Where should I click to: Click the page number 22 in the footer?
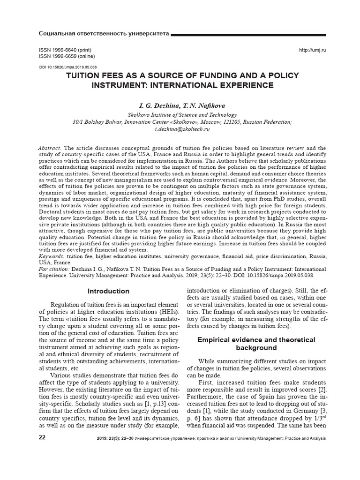coord(42,438)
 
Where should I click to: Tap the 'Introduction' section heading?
coord(109,291)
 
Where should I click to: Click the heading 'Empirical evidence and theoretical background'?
coord(256,344)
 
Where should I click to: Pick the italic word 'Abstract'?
coord(49,148)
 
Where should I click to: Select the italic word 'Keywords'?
coord(51,256)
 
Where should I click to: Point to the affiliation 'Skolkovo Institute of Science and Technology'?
coord(182,114)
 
